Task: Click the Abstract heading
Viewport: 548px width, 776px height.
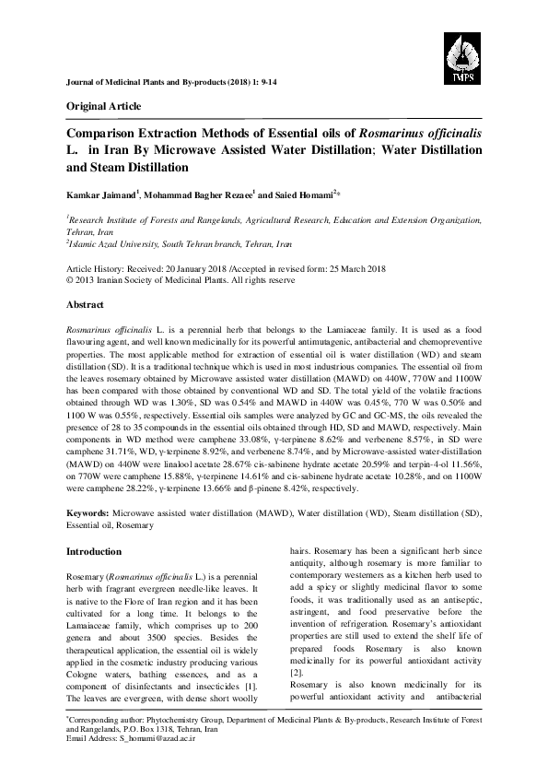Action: click(x=89, y=302)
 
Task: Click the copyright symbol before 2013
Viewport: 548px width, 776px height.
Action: click(x=69, y=275)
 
